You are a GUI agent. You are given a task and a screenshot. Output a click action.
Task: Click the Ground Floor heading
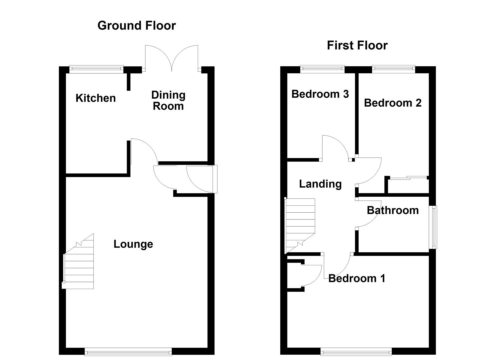pos(136,26)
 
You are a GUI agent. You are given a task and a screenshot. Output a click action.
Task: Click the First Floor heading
pos(357,45)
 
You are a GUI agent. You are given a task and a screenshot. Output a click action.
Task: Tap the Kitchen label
pos(96,98)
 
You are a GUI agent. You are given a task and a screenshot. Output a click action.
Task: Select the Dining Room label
pos(168,100)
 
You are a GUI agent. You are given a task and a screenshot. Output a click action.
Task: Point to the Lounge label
pos(133,244)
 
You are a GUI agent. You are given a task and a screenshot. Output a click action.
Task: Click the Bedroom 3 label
pos(320,94)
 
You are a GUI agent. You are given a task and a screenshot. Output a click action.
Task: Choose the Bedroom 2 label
pos(392,103)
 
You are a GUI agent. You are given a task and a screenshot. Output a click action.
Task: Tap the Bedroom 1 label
pos(357,278)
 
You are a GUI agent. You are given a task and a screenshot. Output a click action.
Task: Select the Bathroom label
pos(392,210)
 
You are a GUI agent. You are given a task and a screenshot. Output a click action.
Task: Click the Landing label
pos(320,184)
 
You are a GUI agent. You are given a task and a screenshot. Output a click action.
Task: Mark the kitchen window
pos(96,69)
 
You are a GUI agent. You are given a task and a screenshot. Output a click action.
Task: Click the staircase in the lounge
pos(79,263)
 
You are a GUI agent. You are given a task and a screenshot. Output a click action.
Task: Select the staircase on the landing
pos(300,225)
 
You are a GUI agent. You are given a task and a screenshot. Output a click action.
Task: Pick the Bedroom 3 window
pos(322,69)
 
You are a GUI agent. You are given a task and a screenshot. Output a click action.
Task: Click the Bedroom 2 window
pos(393,69)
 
